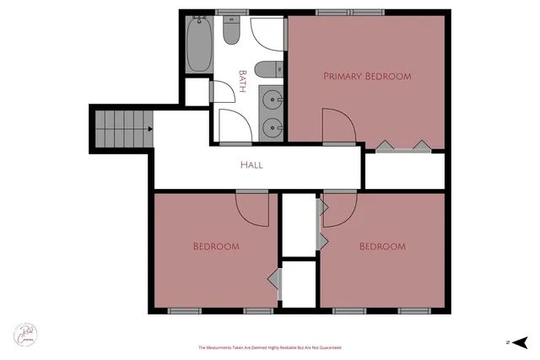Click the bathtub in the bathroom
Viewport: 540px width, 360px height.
(x=198, y=45)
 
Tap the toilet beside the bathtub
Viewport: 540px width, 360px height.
(x=233, y=33)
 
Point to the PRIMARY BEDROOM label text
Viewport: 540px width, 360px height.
(x=367, y=76)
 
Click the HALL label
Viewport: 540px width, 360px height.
(x=251, y=165)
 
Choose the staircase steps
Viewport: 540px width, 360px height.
(x=121, y=129)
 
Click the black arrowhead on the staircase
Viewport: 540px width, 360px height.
(x=149, y=129)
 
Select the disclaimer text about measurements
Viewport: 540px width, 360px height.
(x=270, y=347)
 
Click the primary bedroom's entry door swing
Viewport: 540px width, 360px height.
(x=337, y=126)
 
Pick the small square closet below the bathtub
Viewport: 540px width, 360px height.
(x=197, y=92)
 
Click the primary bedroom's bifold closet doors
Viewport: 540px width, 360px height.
(x=403, y=147)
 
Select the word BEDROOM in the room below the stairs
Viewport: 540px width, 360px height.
(x=216, y=247)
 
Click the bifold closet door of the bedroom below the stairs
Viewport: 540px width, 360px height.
(x=274, y=277)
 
